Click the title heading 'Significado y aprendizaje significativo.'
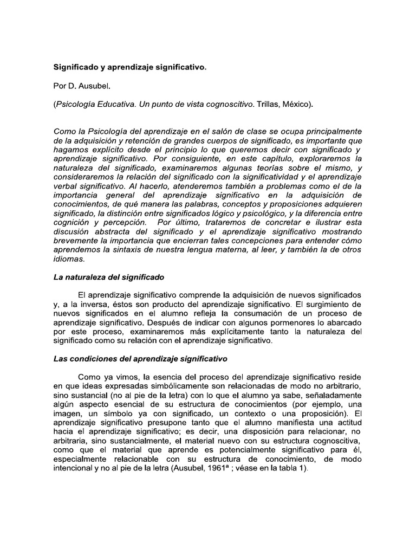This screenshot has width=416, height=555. (129, 68)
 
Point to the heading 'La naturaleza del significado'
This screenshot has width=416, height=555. (108, 277)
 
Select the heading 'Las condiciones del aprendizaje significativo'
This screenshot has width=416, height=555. (140, 359)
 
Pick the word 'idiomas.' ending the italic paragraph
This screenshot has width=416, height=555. (68, 259)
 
